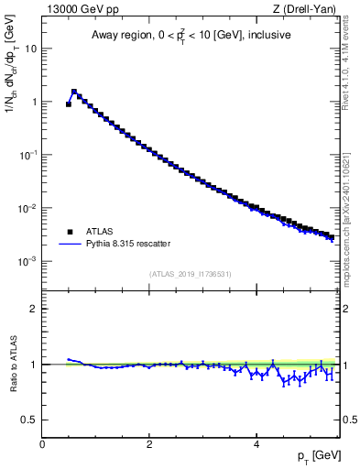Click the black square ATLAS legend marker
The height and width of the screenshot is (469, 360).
[x=68, y=232]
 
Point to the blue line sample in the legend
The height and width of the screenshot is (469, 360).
[x=68, y=245]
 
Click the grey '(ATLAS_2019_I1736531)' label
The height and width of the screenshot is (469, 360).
[x=191, y=273]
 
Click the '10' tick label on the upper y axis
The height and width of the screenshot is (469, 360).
[x=31, y=49]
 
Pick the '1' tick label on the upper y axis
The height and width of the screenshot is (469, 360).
[x=35, y=102]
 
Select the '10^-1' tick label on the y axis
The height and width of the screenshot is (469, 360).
[x=29, y=155]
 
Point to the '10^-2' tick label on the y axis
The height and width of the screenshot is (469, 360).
[x=29, y=208]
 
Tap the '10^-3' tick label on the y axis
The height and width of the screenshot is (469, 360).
[x=29, y=261]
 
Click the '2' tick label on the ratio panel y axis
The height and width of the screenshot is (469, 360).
[x=34, y=309]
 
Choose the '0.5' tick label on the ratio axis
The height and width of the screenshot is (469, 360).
[x=30, y=420]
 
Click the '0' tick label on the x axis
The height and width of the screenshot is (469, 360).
[x=42, y=443]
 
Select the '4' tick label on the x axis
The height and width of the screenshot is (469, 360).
[x=256, y=443]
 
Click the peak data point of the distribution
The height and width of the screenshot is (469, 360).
[x=74, y=92]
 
